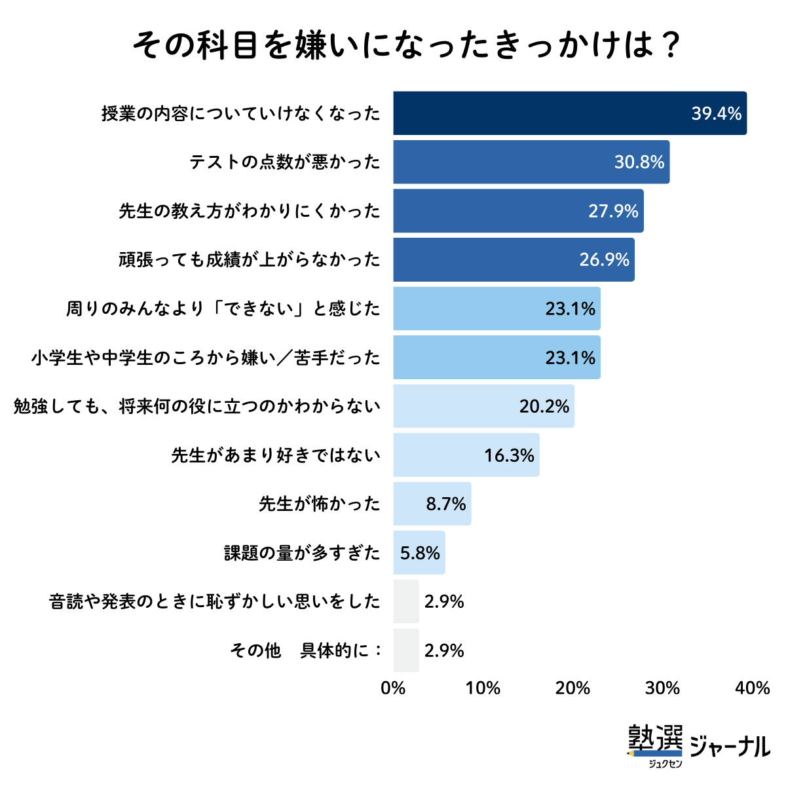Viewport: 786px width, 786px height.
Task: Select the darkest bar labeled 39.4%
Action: tap(570, 113)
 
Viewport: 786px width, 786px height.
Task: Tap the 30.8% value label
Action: tap(639, 162)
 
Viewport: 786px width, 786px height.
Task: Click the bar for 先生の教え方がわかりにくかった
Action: tap(517, 211)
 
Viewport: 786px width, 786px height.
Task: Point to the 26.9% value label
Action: tap(604, 260)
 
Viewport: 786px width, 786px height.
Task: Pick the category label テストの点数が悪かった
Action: tap(285, 162)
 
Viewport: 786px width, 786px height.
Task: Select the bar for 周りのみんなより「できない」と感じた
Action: tap(496, 309)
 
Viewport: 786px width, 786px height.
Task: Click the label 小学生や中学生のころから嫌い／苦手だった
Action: tap(206, 358)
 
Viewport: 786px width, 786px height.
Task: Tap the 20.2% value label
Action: tap(544, 407)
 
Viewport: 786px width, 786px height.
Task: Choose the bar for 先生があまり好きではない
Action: tap(466, 455)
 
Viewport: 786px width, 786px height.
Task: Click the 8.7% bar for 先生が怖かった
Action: tap(432, 504)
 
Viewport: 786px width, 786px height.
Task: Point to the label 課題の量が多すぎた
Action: tap(302, 553)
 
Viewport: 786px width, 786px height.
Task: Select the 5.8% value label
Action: tap(420, 553)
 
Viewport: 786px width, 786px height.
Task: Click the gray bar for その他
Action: tap(406, 650)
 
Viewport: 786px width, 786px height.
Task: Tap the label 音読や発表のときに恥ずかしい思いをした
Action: tap(215, 601)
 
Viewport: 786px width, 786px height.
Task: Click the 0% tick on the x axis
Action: tap(393, 688)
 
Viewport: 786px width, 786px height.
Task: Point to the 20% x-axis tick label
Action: tap(573, 688)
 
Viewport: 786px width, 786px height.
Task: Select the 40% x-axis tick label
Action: tap(753, 688)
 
